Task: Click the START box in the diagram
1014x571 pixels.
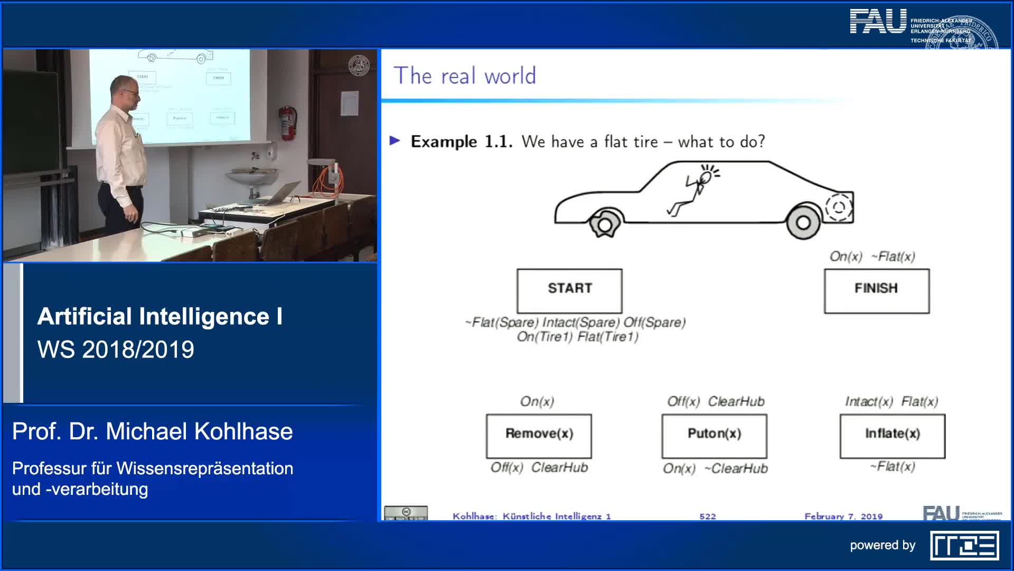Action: [x=569, y=290]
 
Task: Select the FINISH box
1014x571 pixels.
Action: [x=876, y=290]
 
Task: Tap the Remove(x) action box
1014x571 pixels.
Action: [x=539, y=435]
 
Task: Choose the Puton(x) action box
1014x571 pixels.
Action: [x=714, y=435]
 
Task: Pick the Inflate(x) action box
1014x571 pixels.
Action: [x=892, y=435]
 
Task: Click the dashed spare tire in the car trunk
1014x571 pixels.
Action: [x=838, y=207]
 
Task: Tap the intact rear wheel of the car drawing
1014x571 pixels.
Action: [x=803, y=222]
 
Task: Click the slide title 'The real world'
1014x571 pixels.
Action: [x=465, y=76]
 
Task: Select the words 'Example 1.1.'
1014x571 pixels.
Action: [x=461, y=142]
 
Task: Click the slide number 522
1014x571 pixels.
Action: [x=707, y=516]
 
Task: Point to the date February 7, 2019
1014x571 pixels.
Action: [x=843, y=516]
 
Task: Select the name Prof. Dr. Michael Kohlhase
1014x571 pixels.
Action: [x=152, y=431]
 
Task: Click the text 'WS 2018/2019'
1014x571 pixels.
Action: [x=116, y=349]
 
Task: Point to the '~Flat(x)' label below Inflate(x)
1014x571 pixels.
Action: [x=893, y=466]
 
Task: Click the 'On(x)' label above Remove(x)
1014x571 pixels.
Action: [x=537, y=401]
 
